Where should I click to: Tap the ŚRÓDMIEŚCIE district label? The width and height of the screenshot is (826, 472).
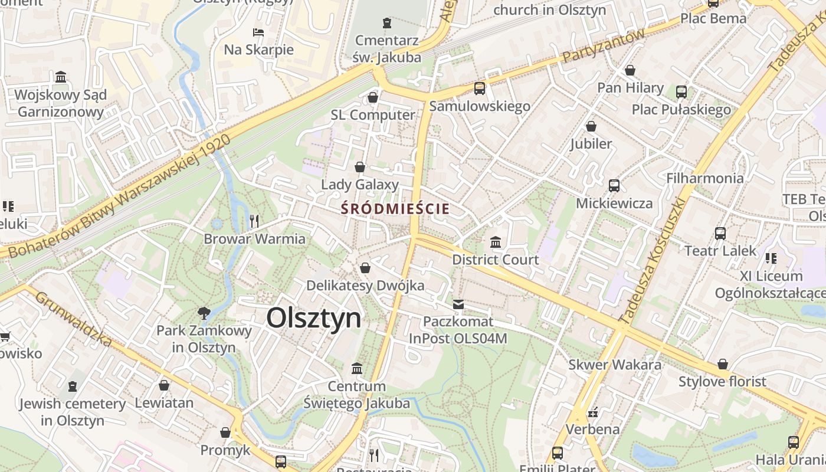pos(395,209)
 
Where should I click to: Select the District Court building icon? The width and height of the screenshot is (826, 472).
pos(496,242)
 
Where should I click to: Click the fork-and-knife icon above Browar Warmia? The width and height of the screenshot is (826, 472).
pos(254,221)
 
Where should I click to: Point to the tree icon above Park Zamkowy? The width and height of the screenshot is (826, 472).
pos(204,313)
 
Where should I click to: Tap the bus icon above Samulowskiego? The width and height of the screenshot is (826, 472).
pos(480,88)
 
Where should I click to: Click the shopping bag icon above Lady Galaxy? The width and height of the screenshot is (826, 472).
pos(360,167)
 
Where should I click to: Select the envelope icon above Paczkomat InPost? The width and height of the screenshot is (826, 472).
pos(458,304)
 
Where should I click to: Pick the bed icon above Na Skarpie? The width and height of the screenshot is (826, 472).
pos(258,32)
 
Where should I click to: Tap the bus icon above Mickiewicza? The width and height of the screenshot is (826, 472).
pos(614,186)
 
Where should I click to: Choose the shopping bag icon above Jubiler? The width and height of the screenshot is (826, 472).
pos(591,126)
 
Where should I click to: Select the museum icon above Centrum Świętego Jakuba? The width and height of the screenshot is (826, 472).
pos(357,369)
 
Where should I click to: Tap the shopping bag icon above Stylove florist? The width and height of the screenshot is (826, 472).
pos(722,364)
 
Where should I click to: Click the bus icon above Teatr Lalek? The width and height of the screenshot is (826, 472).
pos(720,233)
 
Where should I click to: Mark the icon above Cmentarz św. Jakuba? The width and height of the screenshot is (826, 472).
pos(386,23)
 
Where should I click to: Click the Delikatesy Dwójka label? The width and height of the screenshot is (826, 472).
pos(365,286)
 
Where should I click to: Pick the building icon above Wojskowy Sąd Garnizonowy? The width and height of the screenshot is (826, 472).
pos(61,77)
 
